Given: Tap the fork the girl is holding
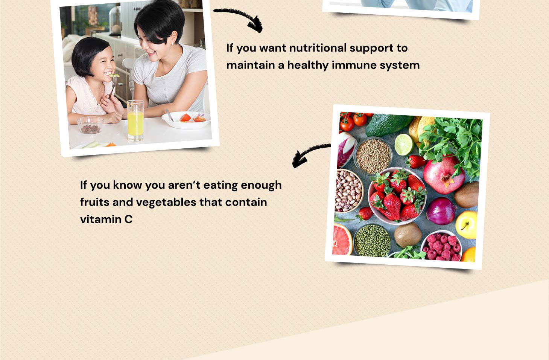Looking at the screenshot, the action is point(113,86).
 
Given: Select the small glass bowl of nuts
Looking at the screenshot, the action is point(90,125).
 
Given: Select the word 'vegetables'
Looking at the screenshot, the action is point(166,203).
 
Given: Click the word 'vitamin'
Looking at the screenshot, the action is point(101,219).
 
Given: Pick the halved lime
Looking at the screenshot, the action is point(404,145).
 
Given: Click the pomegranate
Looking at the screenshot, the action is point(443,175).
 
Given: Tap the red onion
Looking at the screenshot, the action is point(440,211).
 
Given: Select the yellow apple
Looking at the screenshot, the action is point(466,225).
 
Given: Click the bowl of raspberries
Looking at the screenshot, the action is point(441,245).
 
